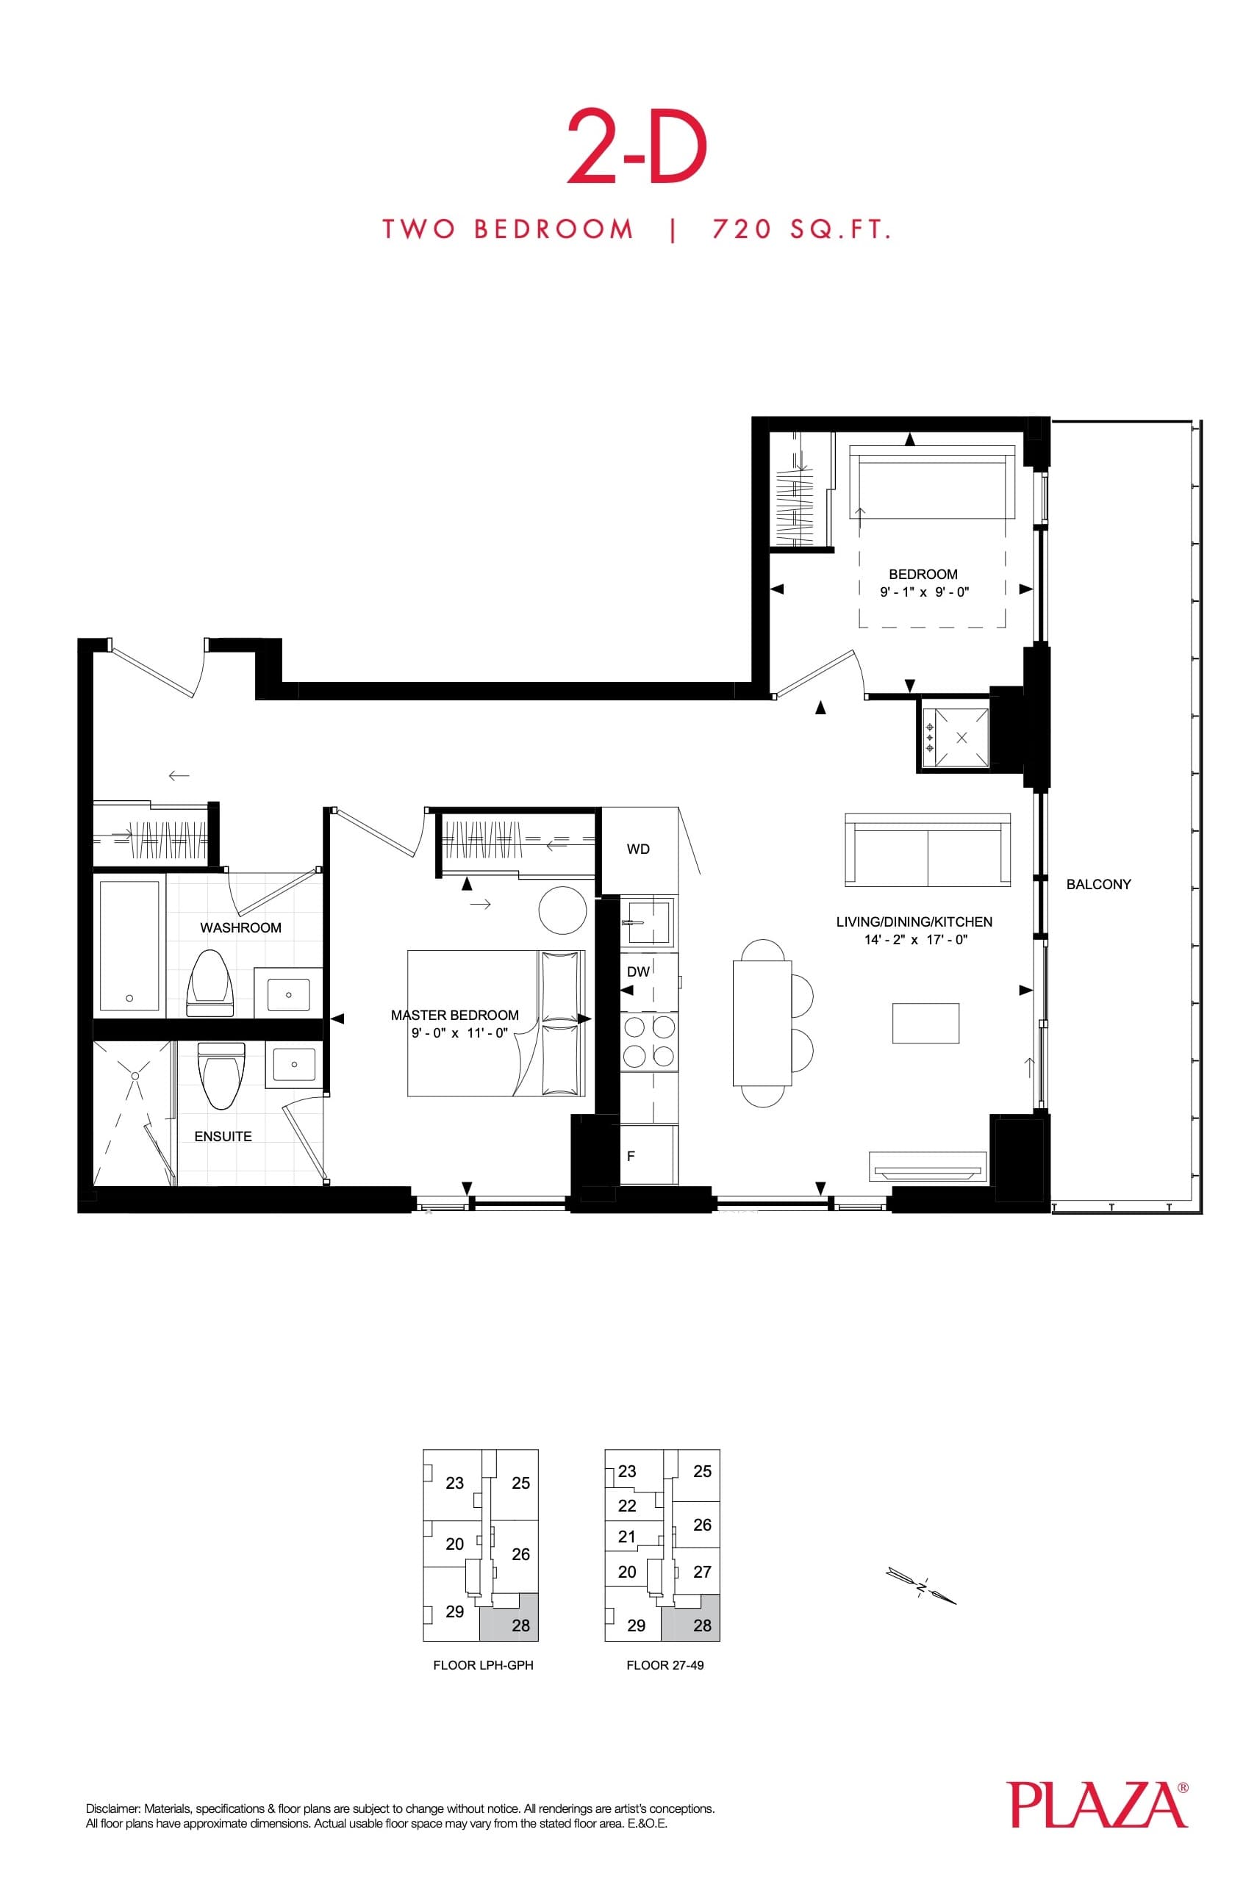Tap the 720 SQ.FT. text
coord(802,230)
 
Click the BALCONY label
coord(1098,885)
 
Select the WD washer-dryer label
coord(638,849)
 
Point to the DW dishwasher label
coord(638,972)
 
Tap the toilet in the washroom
coord(209,982)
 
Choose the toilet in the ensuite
coord(221,1074)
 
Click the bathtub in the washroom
coord(130,946)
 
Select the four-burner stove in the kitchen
coord(648,1042)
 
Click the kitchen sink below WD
coord(648,921)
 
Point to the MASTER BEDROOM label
coord(454,1016)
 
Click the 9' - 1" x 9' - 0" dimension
coord(924,593)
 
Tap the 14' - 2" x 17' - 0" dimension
coord(915,940)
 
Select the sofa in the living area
coord(928,849)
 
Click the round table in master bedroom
coord(563,910)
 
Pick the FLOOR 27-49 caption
coord(665,1665)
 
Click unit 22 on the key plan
coord(627,1506)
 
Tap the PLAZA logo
coord(1097,1804)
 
